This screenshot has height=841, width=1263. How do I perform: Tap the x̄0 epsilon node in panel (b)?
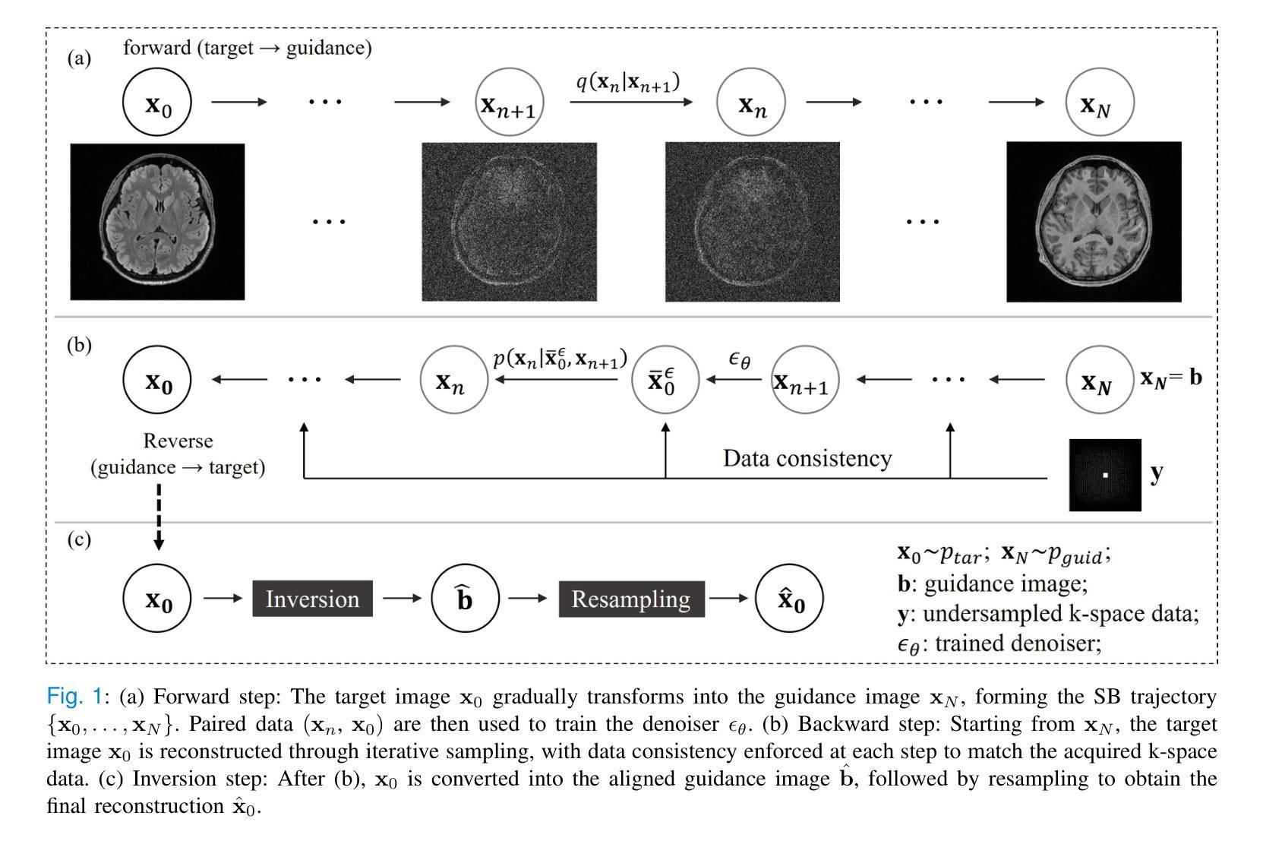[665, 380]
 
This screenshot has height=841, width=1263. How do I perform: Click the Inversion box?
[312, 599]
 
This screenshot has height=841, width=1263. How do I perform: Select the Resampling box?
[631, 599]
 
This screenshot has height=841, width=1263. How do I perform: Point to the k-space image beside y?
[1105, 475]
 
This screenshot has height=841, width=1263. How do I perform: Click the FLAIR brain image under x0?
[157, 221]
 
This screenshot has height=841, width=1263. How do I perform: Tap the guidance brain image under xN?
[1094, 221]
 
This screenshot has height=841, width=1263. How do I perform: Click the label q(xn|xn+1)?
[627, 82]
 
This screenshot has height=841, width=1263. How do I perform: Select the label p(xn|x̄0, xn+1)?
[560, 359]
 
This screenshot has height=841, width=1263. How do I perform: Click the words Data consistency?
[807, 459]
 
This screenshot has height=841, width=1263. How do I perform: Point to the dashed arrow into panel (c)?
[159, 517]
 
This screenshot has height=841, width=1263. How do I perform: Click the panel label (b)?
[79, 345]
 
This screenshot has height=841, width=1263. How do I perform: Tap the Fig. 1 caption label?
[74, 697]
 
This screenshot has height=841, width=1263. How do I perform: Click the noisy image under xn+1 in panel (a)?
[509, 221]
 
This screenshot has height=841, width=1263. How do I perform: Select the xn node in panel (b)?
[453, 380]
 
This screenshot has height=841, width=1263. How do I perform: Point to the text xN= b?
[1170, 378]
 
